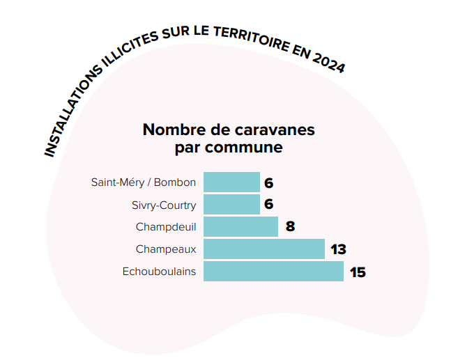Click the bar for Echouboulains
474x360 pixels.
coord(273,271)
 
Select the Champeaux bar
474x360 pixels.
coord(263,249)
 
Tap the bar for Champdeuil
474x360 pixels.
coord(240,226)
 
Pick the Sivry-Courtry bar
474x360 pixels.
coord(231,204)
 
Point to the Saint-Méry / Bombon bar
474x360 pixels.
coord(231,182)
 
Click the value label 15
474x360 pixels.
coord(358,272)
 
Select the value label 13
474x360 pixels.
coord(339,249)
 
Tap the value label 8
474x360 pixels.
coord(290,227)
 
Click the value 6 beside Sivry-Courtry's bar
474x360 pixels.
coord(268,205)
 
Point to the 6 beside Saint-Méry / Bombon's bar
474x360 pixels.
coord(268,183)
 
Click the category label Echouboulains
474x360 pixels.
coord(159,271)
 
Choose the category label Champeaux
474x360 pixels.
coord(166,249)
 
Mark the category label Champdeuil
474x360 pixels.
coord(166,226)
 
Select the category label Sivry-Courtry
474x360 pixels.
coord(164,205)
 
